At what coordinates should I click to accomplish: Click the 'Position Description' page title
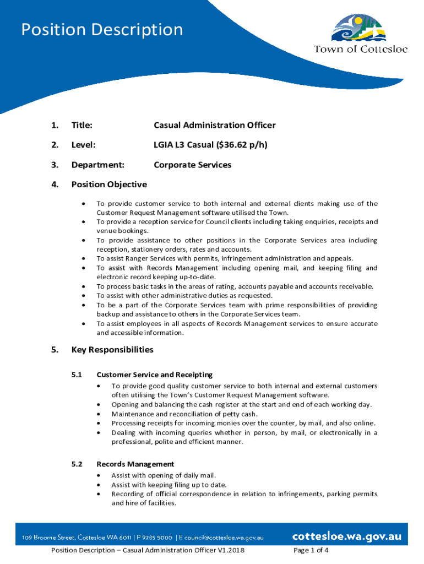[102, 30]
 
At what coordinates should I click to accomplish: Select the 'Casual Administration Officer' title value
[214, 126]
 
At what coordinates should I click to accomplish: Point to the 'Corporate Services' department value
[192, 165]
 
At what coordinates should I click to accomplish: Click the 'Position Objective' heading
[109, 185]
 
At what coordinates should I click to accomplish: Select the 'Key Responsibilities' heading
[112, 350]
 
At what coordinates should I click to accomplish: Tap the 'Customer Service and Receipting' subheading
[154, 375]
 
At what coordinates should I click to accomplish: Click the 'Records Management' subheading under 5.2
[135, 464]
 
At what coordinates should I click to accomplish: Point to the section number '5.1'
[77, 375]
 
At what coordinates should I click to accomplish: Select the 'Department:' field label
[97, 165]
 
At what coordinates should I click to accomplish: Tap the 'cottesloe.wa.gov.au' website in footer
[346, 536]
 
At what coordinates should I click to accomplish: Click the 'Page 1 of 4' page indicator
[312, 550]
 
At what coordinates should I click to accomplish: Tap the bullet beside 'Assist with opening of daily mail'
[99, 475]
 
